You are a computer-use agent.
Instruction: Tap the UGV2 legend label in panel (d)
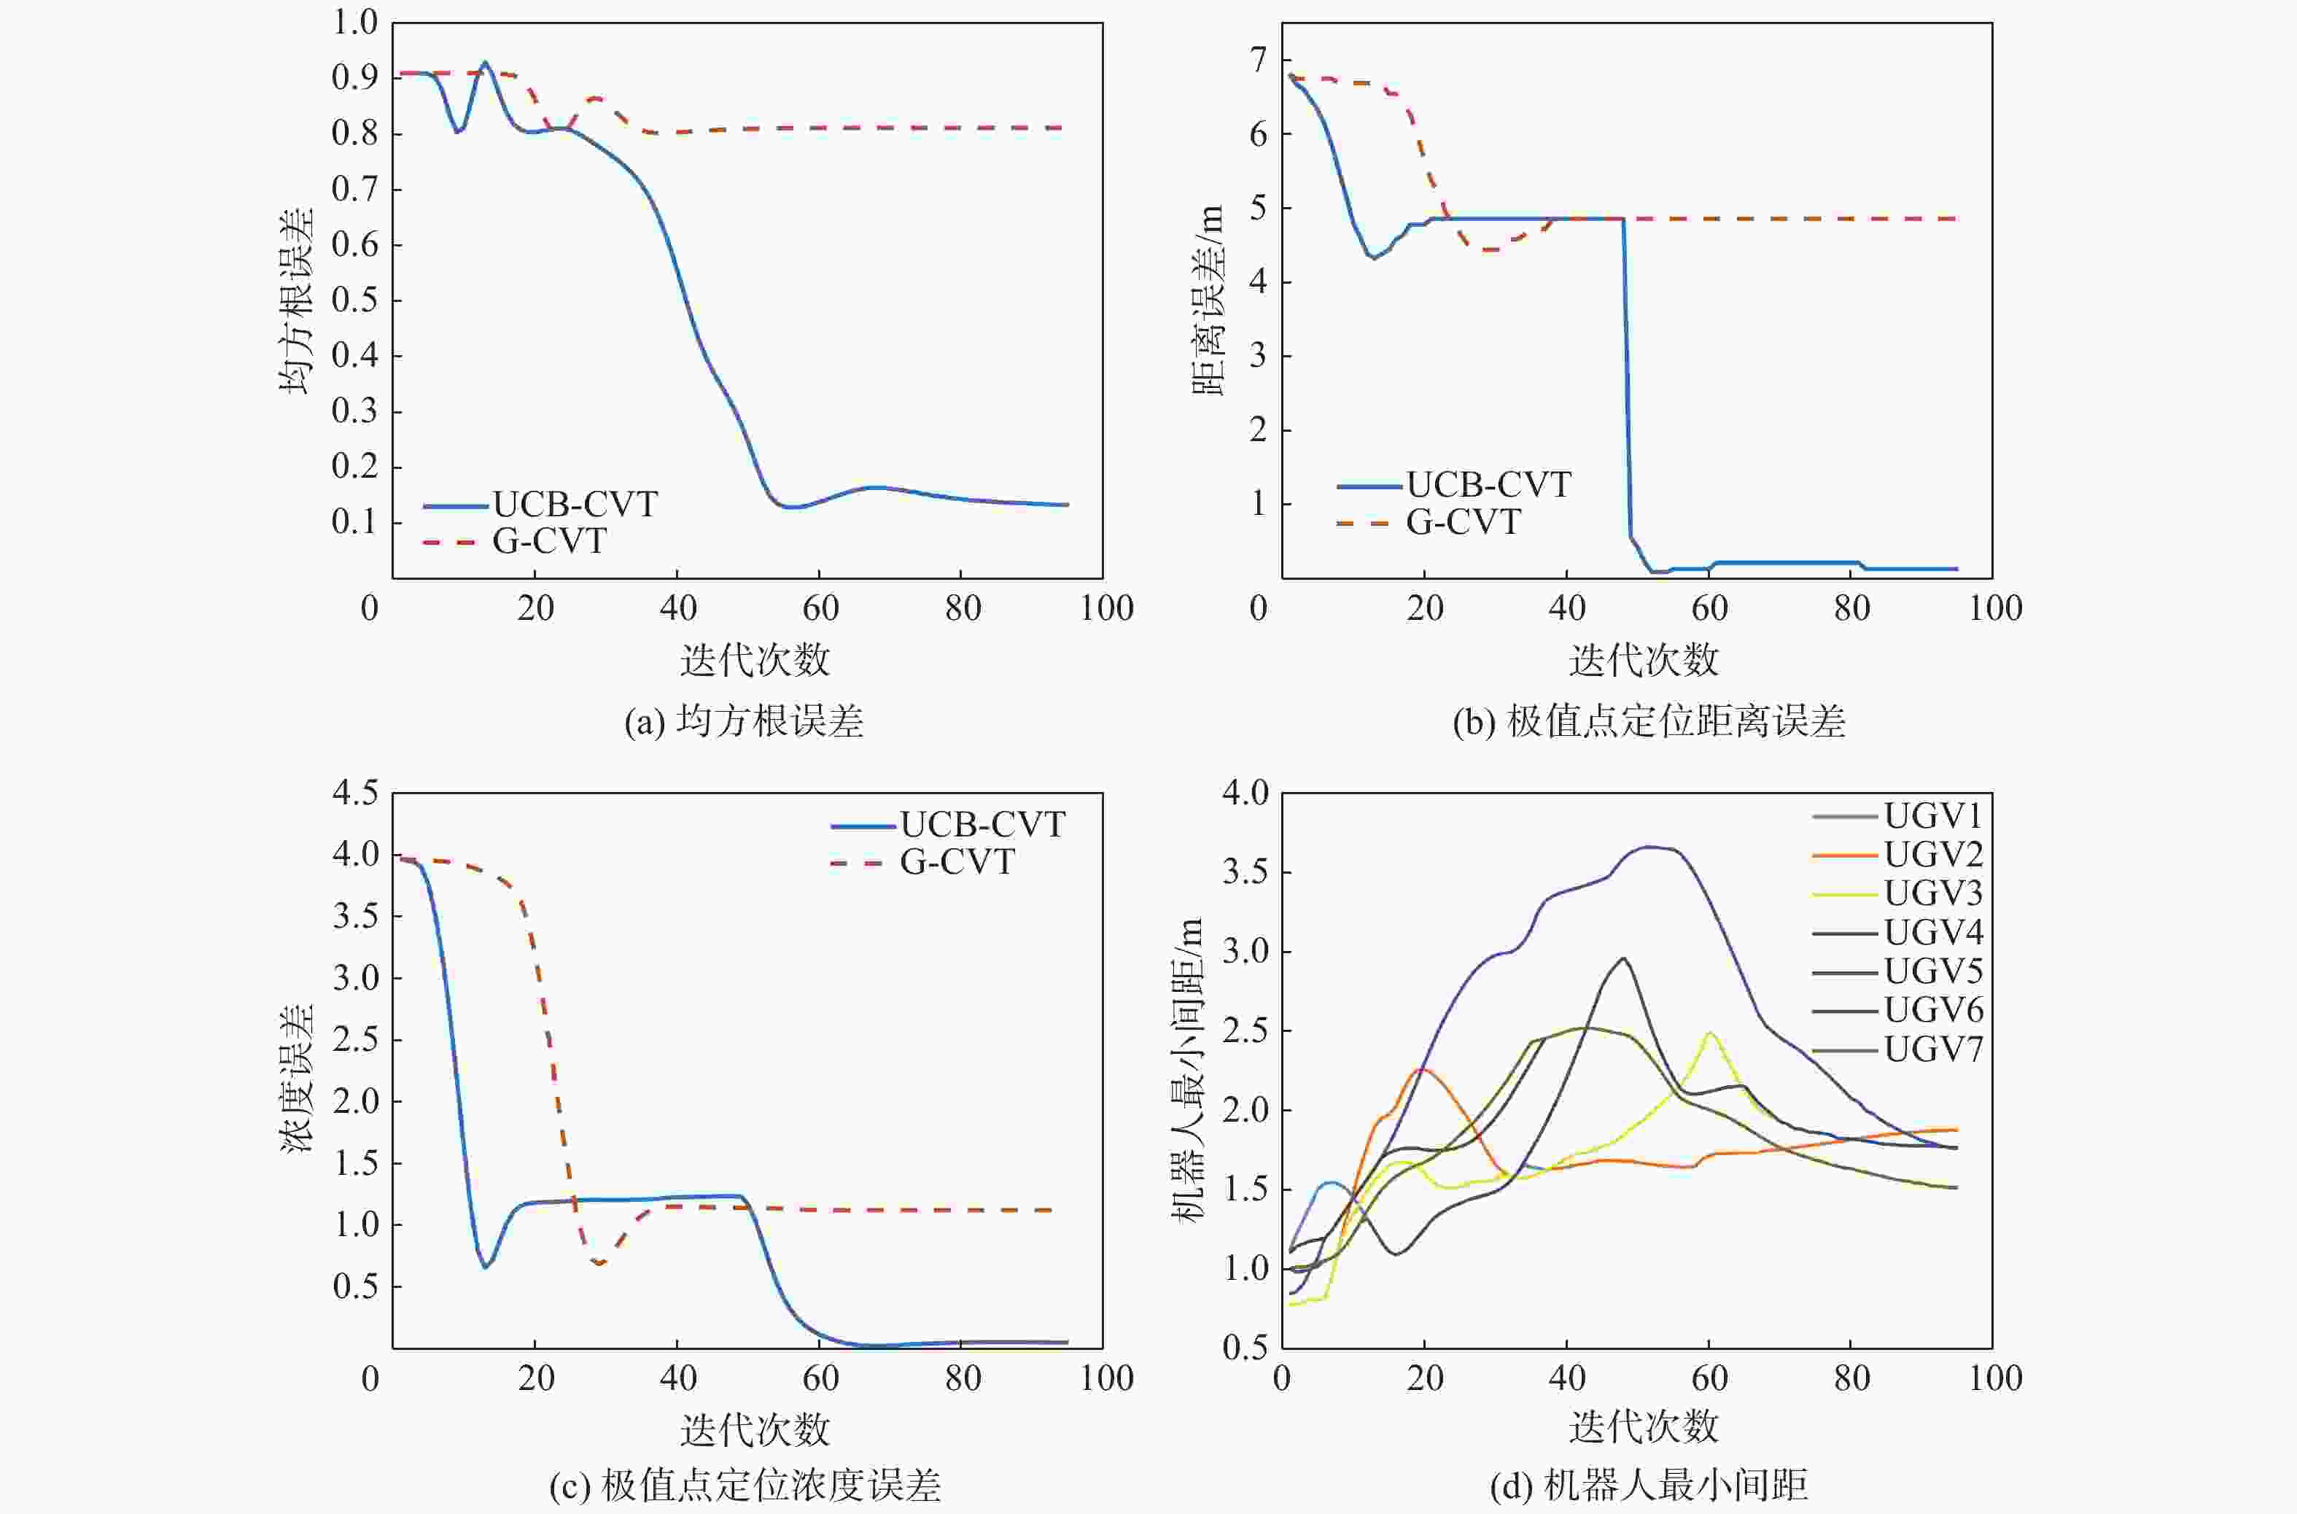(1933, 855)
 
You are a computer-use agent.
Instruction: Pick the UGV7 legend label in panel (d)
(1933, 1049)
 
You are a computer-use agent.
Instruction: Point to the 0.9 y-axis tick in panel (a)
(354, 77)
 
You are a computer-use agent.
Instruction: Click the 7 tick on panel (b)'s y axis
(1258, 60)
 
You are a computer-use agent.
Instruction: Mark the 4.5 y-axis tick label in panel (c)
(354, 793)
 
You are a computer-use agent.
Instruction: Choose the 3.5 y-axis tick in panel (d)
(1245, 873)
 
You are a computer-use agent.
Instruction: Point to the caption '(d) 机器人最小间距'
(1648, 1485)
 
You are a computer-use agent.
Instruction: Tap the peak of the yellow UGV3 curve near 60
(1710, 1033)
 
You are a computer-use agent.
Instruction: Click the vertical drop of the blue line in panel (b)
(1627, 387)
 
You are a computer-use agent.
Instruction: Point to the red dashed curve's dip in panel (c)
(599, 1262)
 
